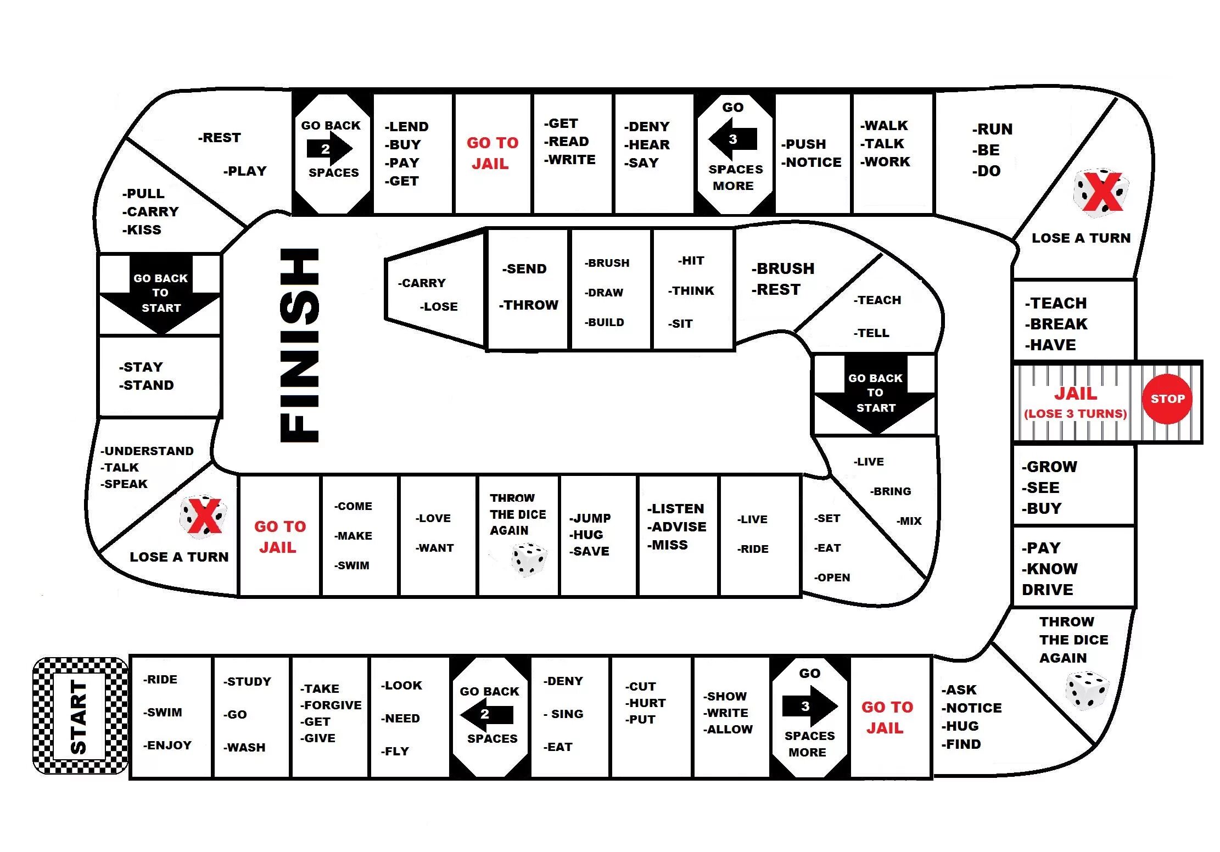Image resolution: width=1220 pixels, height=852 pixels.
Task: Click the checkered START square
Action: click(x=80, y=716)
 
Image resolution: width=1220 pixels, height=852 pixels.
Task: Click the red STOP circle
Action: click(x=1167, y=399)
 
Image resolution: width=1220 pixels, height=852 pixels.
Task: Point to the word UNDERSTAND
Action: click(x=148, y=451)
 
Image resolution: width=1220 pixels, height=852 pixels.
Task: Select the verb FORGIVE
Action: click(x=333, y=705)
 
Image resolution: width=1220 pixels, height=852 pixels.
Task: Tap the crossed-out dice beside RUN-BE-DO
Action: click(x=1101, y=192)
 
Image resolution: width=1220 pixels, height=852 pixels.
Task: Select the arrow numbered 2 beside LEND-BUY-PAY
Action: click(x=329, y=149)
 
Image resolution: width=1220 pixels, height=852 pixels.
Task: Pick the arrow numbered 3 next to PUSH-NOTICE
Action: click(x=733, y=139)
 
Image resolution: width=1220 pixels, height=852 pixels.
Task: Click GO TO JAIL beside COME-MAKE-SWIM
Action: click(x=279, y=537)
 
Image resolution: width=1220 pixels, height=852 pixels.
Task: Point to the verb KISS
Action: click(x=143, y=230)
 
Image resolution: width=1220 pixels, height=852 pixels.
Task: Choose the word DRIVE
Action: click(x=1047, y=590)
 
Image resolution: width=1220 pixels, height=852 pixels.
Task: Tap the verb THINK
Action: click(x=692, y=291)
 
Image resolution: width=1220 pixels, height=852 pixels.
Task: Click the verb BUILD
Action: click(x=605, y=323)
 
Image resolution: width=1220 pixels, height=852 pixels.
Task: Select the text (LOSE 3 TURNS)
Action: click(x=1075, y=414)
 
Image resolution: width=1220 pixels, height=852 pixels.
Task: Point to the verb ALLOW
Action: click(x=729, y=730)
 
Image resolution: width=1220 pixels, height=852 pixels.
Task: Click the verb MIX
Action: click(x=910, y=521)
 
